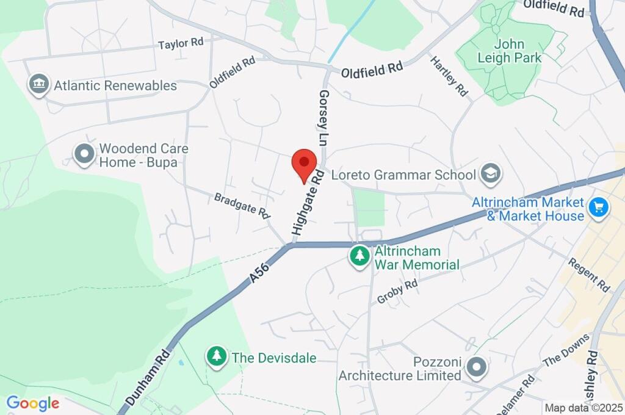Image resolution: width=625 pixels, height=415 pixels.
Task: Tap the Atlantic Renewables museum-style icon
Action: pos(38,85)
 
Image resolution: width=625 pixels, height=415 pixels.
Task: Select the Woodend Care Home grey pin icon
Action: pos(84,155)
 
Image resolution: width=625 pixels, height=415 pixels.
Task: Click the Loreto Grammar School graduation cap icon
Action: pos(490,175)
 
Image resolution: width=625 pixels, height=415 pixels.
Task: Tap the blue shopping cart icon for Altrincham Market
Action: pos(598,209)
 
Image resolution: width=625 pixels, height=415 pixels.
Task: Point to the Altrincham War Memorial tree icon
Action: pos(359,256)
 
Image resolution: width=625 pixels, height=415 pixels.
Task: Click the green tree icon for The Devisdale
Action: pos(216,356)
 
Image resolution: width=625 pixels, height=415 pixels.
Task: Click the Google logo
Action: pos(32,403)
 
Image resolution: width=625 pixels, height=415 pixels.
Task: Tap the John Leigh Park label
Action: pos(509,51)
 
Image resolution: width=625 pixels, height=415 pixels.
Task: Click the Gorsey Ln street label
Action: pos(323,117)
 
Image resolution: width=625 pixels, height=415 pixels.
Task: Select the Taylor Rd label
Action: pos(181,43)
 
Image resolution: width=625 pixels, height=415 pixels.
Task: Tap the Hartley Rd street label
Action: pos(449,76)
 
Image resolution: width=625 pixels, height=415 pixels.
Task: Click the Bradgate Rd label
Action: pos(242,206)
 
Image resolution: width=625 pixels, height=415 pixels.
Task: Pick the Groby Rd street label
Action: pos(397,292)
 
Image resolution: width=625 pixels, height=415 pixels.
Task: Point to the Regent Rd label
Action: pos(589,274)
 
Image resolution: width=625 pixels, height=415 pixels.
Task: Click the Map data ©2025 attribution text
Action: pos(583,408)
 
